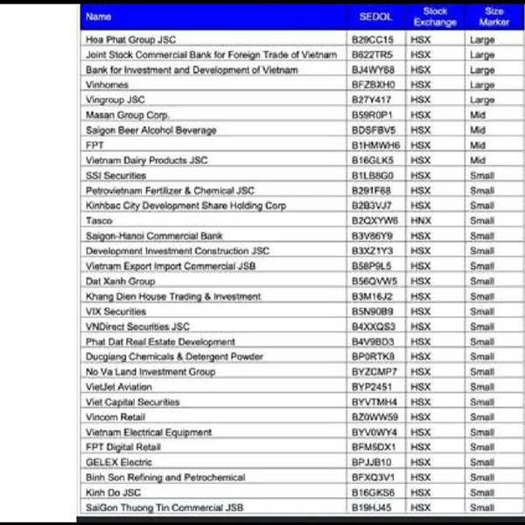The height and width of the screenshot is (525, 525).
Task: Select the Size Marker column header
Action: coord(493,17)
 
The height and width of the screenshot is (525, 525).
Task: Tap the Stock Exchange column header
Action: coord(435,17)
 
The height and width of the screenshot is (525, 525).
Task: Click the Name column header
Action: coord(99,17)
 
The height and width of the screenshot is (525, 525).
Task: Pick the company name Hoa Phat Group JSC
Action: coord(132,39)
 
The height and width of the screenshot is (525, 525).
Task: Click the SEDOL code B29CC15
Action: coord(373,39)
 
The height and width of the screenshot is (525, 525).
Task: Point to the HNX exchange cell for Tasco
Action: coord(421,220)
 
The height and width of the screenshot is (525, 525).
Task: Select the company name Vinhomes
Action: coord(107,85)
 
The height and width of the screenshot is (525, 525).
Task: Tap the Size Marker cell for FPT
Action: coord(478,145)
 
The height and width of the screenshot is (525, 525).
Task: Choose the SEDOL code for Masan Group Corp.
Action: coord(373,115)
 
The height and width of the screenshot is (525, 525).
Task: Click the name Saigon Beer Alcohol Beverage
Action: coord(150,130)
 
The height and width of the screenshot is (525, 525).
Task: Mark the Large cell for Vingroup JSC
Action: coord(482,100)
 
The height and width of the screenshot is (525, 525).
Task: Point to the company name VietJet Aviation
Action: coord(118,387)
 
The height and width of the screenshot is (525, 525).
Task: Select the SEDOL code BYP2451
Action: coord(373,387)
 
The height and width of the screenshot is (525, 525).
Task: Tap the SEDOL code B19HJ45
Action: coord(372,507)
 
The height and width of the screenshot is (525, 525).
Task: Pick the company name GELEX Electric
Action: coord(118,462)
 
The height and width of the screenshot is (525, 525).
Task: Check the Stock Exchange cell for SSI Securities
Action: coord(421,176)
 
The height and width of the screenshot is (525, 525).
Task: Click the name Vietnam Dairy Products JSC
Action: coord(146,160)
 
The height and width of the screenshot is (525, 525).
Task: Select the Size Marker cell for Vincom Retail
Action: coord(482,417)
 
